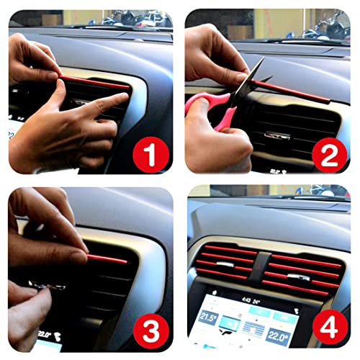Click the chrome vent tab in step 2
278,135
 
